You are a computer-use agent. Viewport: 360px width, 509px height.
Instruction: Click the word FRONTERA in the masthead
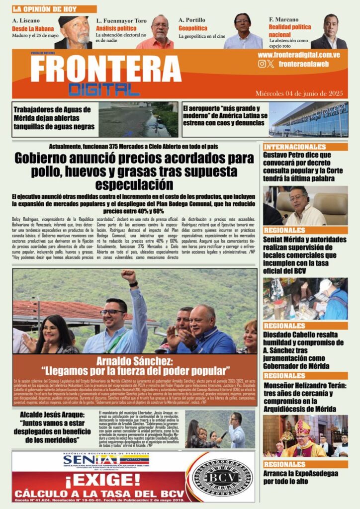point(105,69)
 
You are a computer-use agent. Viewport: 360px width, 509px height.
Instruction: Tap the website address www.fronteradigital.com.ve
point(298,55)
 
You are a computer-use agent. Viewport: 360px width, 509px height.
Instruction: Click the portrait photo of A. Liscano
point(75,32)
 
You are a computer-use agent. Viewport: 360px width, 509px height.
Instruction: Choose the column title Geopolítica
point(193,28)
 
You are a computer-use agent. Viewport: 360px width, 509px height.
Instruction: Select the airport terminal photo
point(308,119)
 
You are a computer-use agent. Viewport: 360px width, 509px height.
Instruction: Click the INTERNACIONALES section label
point(295,147)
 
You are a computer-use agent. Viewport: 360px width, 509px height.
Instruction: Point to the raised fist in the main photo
point(129,276)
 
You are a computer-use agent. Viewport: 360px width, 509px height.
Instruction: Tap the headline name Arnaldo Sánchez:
point(135,361)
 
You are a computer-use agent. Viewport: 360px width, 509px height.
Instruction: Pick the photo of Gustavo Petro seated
point(306,206)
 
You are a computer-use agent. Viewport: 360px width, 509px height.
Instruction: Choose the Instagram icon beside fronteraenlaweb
point(262,64)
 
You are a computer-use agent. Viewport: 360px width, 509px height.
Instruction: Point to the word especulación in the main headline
point(134,184)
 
